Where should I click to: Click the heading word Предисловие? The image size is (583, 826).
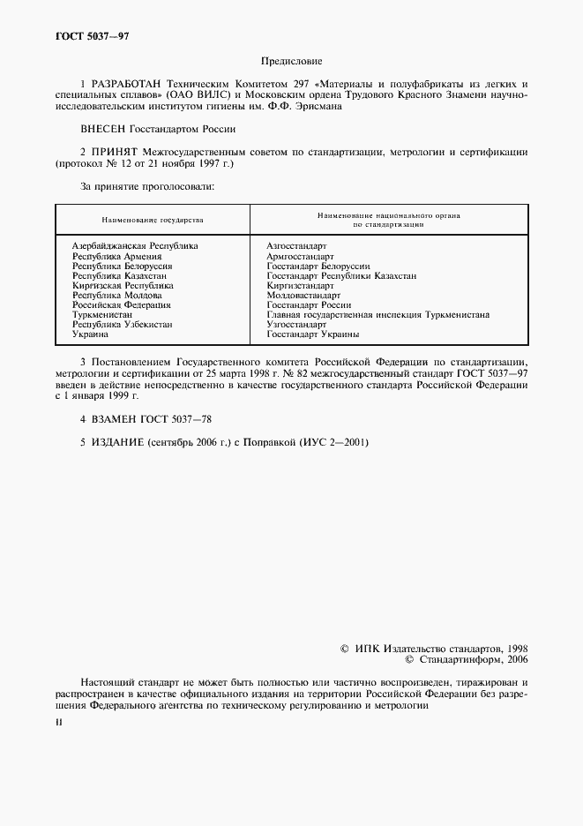tap(292, 62)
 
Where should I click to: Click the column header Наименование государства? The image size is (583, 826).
tap(153, 219)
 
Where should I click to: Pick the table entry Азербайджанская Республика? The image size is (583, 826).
tap(135, 245)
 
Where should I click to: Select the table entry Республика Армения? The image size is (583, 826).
tap(116, 255)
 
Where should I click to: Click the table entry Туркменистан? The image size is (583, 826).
tap(102, 314)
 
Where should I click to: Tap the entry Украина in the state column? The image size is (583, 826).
tap(90, 334)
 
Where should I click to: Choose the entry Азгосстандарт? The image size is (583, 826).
tap(296, 245)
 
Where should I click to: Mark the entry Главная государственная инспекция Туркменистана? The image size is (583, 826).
tap(377, 314)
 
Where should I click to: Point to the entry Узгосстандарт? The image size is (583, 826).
tap(296, 325)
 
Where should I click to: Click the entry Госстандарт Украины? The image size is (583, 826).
tap(313, 334)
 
